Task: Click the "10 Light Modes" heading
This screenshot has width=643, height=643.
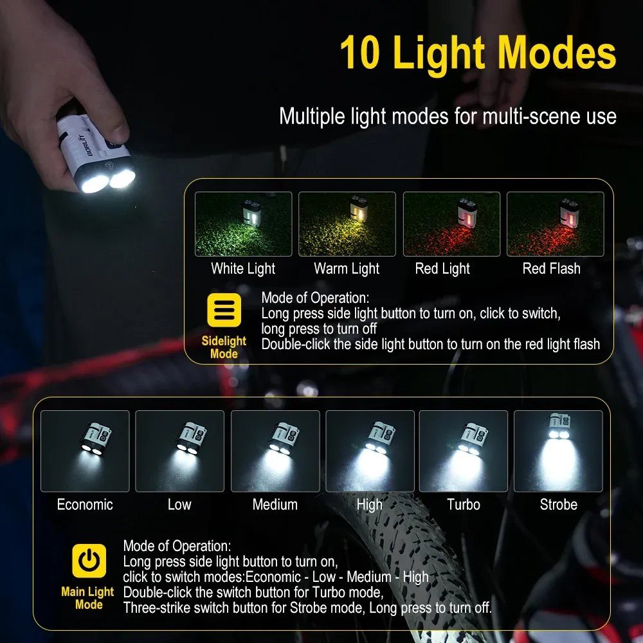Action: pyautogui.click(x=478, y=53)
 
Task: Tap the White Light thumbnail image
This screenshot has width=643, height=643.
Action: pyautogui.click(x=243, y=224)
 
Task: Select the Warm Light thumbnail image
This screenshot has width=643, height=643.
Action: pyautogui.click(x=347, y=224)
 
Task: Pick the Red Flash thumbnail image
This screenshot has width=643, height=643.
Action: pyautogui.click(x=555, y=224)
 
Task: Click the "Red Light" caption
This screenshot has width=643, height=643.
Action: pyautogui.click(x=442, y=269)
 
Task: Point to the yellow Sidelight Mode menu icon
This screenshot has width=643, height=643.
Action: pyautogui.click(x=224, y=311)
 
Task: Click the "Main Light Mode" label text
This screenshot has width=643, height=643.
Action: pyautogui.click(x=87, y=598)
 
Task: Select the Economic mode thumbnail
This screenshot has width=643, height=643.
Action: pyautogui.click(x=85, y=451)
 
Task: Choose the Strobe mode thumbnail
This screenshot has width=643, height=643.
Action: pyautogui.click(x=558, y=451)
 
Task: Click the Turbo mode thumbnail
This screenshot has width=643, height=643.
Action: pyautogui.click(x=463, y=451)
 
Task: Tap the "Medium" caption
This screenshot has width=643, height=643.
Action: pyautogui.click(x=275, y=505)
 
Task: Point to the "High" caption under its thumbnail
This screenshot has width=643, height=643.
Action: pyautogui.click(x=369, y=505)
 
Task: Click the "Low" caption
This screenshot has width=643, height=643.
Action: pyautogui.click(x=179, y=505)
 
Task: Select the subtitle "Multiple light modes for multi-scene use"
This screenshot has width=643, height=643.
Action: pyautogui.click(x=448, y=116)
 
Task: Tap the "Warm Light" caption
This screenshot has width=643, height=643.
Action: pyautogui.click(x=347, y=269)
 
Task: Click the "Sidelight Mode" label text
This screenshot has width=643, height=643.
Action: pyautogui.click(x=224, y=347)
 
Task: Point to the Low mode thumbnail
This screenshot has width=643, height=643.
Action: pyautogui.click(x=179, y=451)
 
